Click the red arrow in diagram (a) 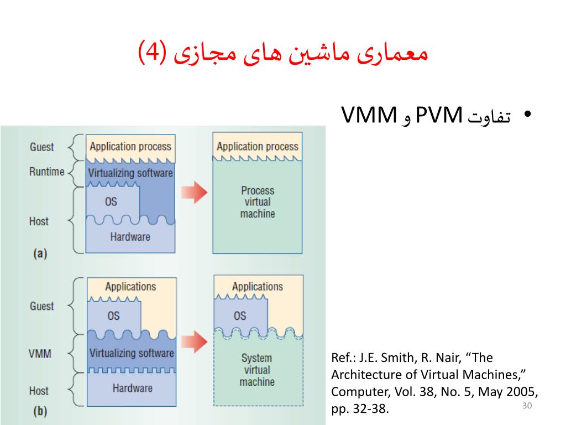click(193, 191)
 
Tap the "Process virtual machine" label click(258, 202)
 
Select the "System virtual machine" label click(257, 370)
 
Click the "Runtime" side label click(47, 172)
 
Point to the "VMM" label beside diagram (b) click(40, 353)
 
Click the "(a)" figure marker click(40, 254)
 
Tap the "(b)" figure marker click(40, 411)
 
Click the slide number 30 click(526, 407)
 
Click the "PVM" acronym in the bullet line click(439, 116)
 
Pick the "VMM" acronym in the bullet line click(369, 116)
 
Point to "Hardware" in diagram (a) click(130, 237)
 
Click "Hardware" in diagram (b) click(132, 388)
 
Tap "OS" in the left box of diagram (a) click(111, 202)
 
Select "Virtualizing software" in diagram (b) click(132, 353)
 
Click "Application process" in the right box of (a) click(258, 147)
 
